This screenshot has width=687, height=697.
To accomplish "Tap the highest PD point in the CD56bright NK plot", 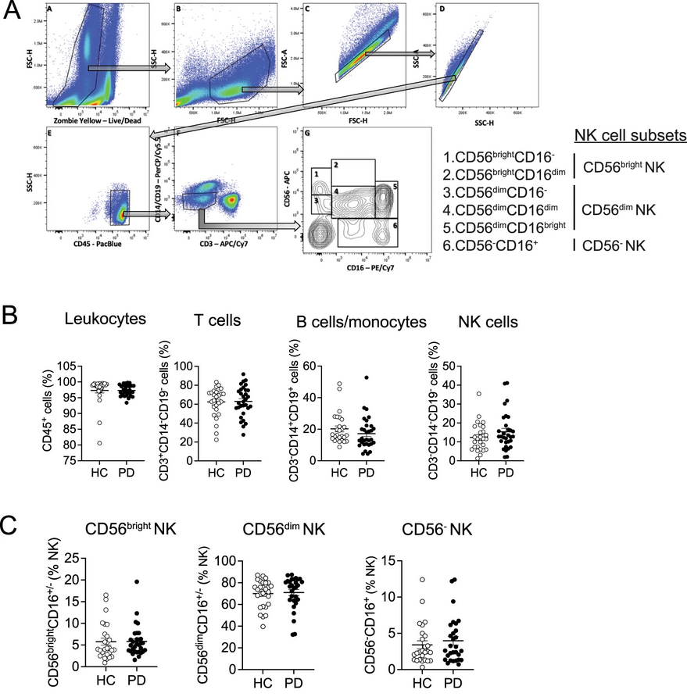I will pos(136,582).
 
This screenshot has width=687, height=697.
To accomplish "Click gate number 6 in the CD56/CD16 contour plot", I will pos(396,224).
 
